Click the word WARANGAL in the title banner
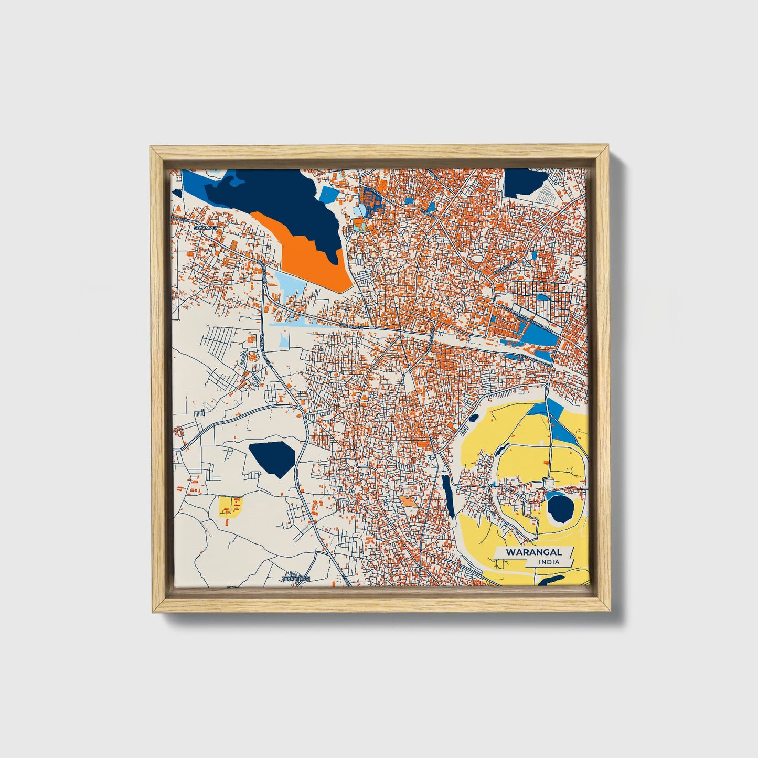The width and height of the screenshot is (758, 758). [533, 552]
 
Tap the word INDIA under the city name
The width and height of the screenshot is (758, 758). [549, 562]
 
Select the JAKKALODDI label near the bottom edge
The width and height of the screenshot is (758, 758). [296, 579]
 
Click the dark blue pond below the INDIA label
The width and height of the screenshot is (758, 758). [551, 579]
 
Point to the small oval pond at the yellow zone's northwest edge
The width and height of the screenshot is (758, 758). [474, 419]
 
